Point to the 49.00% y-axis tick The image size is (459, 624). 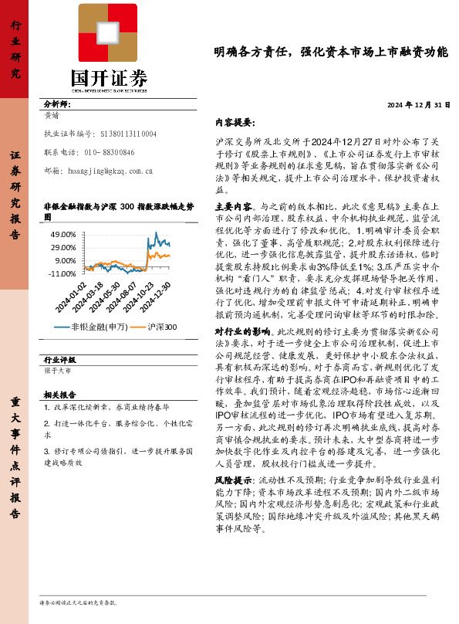(65, 234)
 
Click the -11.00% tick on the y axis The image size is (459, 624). (63, 274)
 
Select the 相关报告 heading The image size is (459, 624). (59, 394)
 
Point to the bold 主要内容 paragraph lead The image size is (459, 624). (232, 207)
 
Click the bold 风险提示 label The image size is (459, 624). (232, 480)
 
